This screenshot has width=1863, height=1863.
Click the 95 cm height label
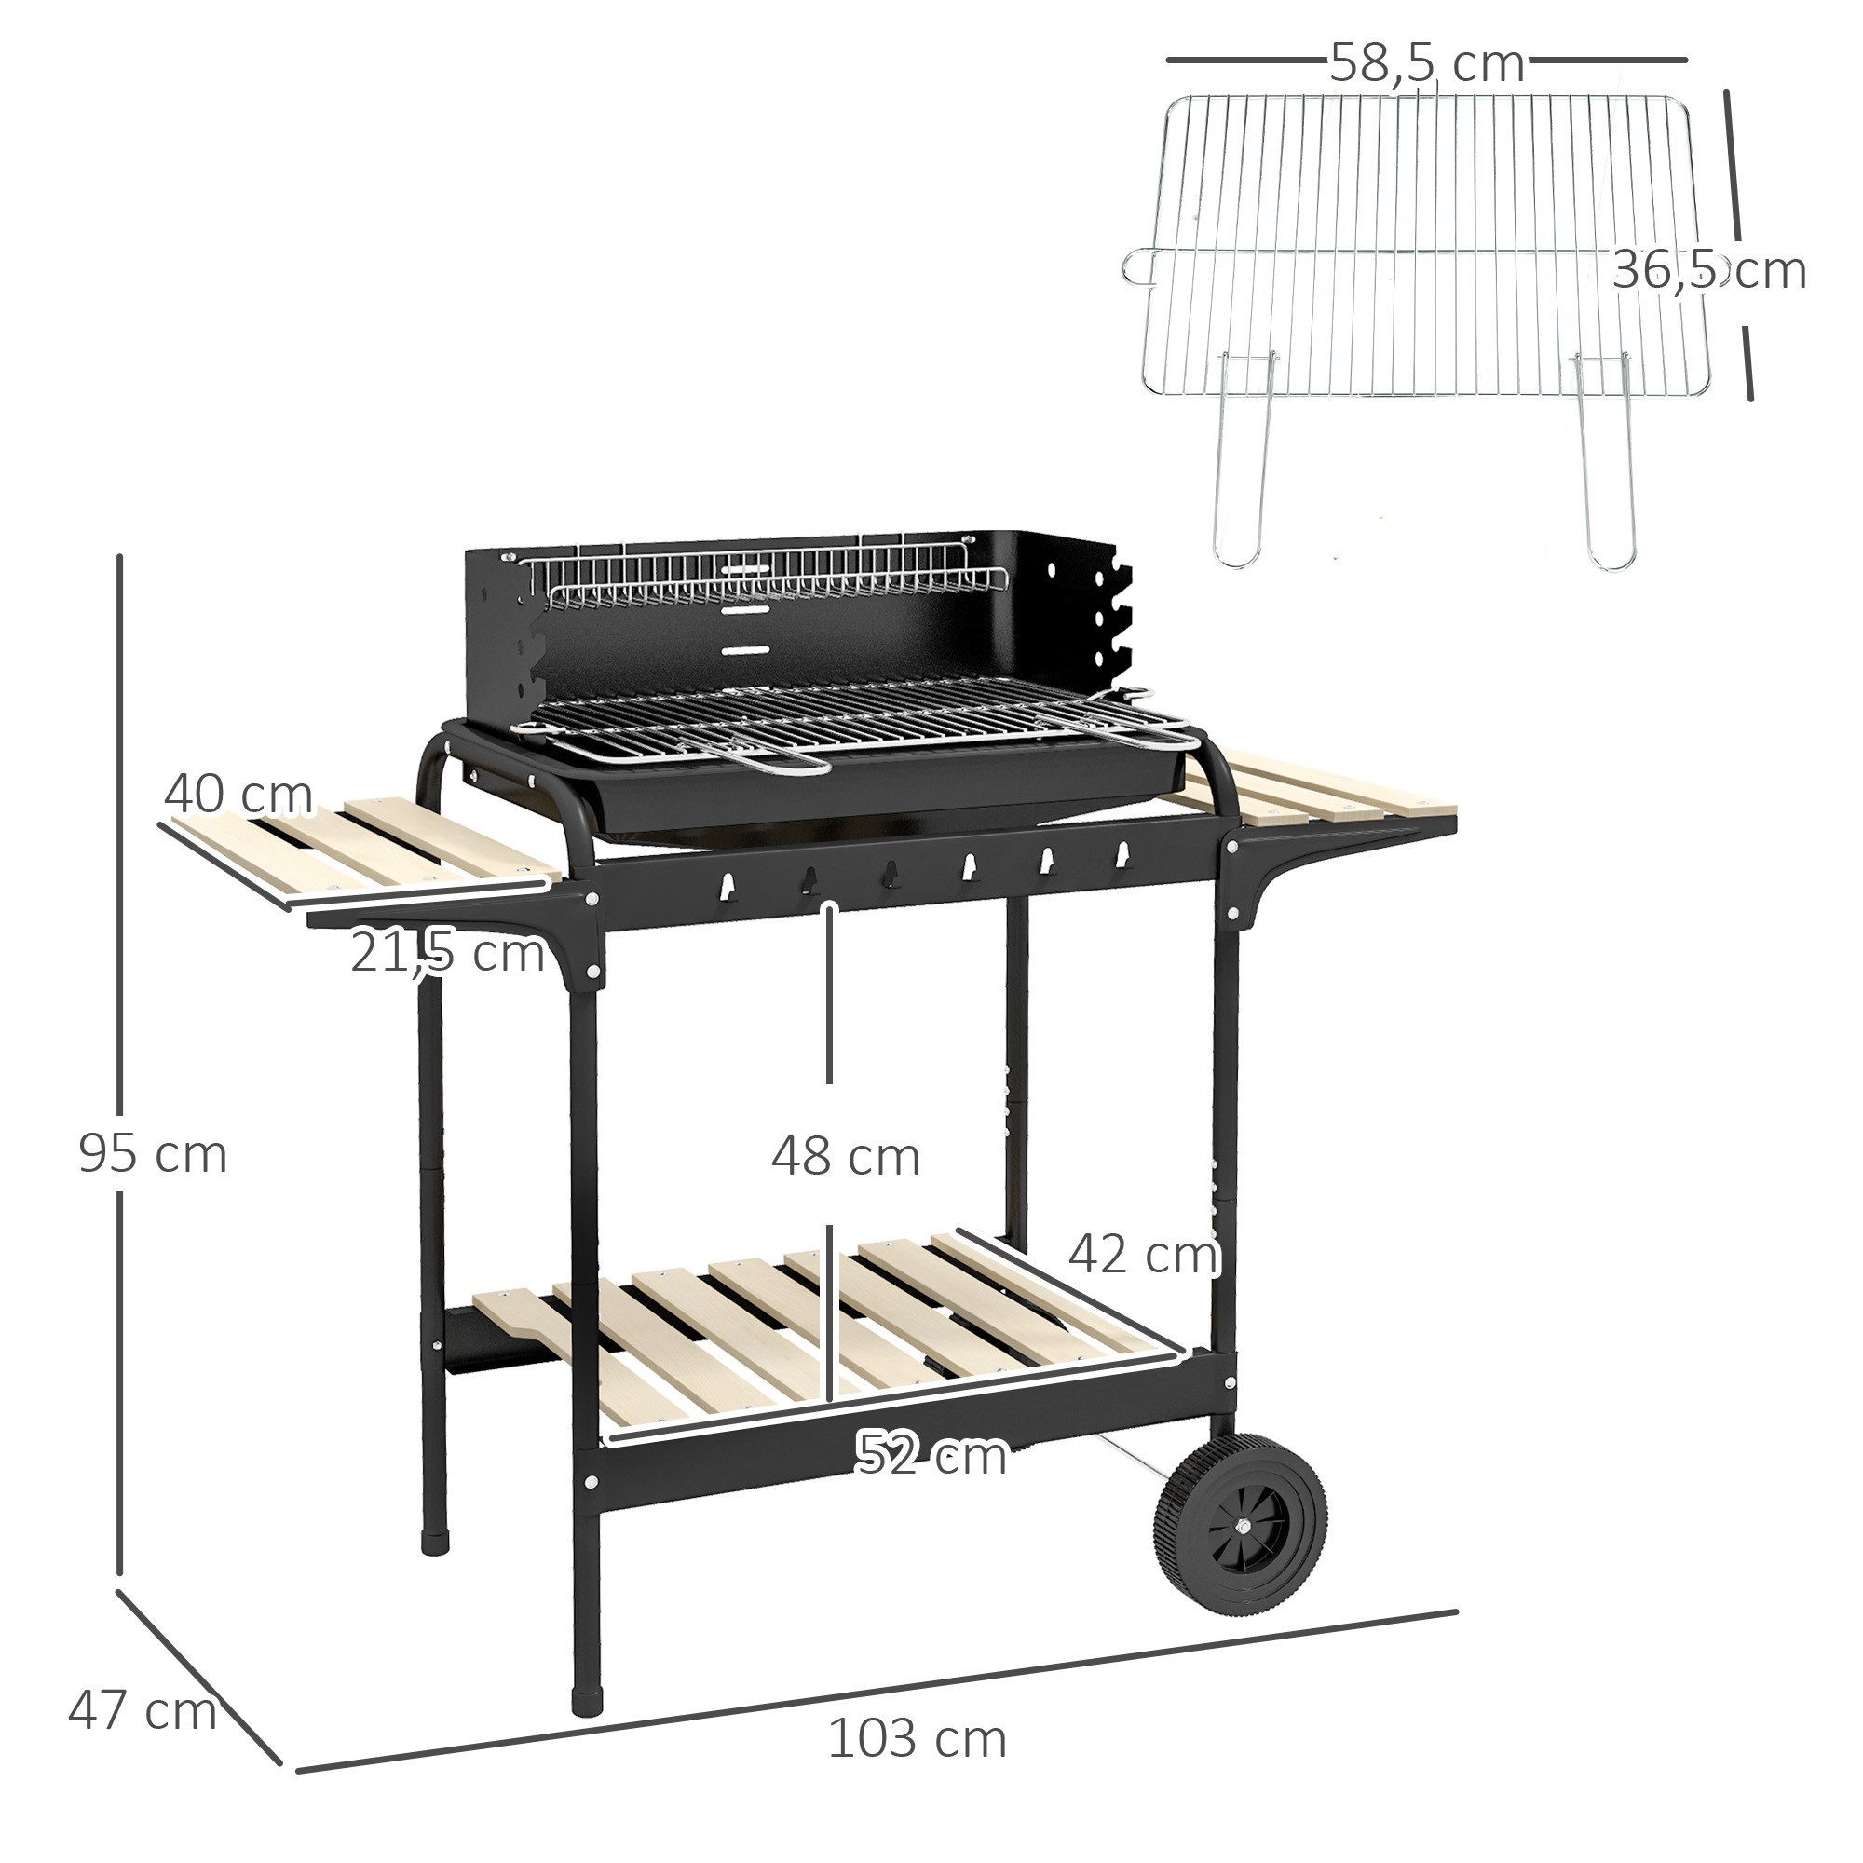coord(153,1154)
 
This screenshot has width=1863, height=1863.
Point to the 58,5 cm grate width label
coord(1426,63)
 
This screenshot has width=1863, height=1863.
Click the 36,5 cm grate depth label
coord(1707,270)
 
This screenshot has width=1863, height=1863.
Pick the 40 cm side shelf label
coord(238,796)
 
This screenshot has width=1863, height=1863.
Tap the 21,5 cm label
coord(446,953)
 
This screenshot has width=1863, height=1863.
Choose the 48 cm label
coord(845,1157)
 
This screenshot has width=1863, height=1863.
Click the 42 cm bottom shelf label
coord(1144,1255)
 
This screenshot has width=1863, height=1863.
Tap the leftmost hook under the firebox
coord(729,882)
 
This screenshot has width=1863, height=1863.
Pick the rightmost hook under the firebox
coord(1122,853)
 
